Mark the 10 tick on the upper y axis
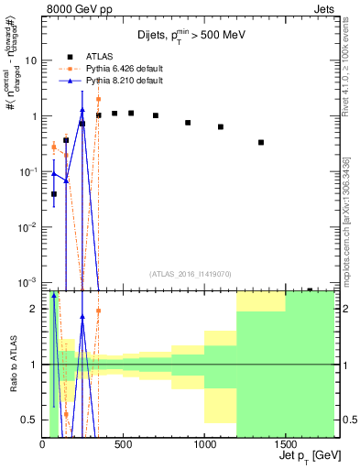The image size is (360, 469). pos(30,60)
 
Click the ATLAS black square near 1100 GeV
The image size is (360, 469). pos(221,126)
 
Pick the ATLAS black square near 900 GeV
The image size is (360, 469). pos(188,122)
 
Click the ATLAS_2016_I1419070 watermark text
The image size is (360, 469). pos(189,273)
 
